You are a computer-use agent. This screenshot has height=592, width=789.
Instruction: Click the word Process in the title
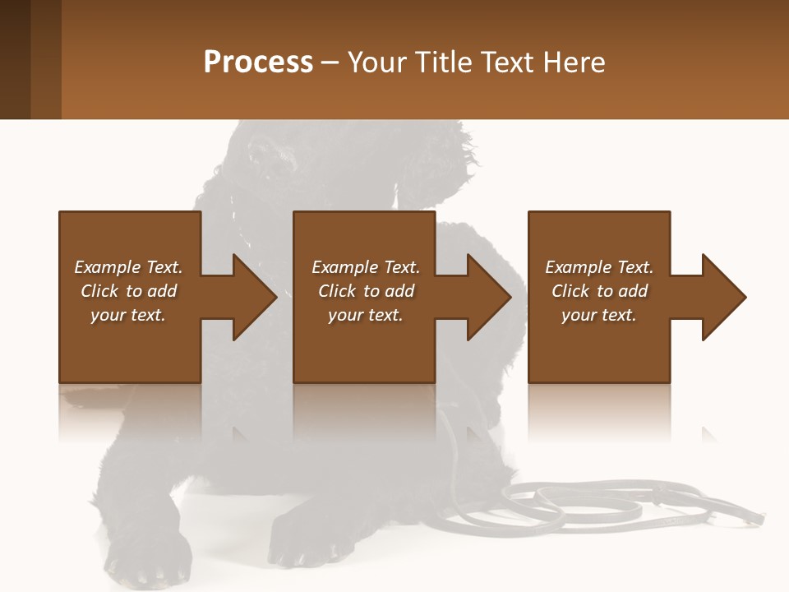point(258,62)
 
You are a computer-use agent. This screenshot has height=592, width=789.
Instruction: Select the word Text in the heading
point(509,62)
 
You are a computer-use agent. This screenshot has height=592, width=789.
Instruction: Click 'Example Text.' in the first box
point(128,267)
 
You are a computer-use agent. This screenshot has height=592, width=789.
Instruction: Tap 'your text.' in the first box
point(128,315)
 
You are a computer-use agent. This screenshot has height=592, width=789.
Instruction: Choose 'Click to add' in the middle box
point(366,291)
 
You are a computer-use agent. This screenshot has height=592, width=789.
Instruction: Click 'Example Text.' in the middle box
point(366,267)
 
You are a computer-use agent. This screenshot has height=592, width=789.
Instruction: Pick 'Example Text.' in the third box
point(599,267)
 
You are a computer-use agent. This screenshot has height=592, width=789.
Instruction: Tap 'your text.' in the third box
point(599,315)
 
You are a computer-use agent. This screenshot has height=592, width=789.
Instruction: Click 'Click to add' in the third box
point(599,291)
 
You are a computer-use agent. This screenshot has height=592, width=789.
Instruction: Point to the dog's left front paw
point(308,543)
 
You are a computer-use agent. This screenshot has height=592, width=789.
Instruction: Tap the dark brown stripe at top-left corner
point(15,59)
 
